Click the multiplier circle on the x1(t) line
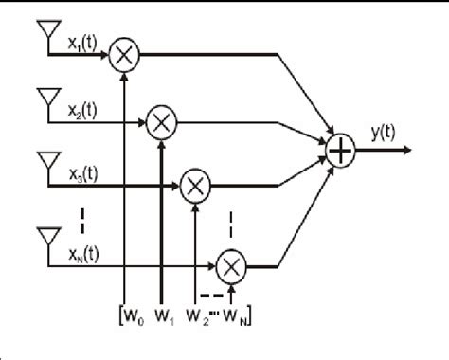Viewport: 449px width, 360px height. click(x=123, y=56)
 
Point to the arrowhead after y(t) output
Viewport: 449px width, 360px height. click(x=405, y=149)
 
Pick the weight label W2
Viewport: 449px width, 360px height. click(x=198, y=314)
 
